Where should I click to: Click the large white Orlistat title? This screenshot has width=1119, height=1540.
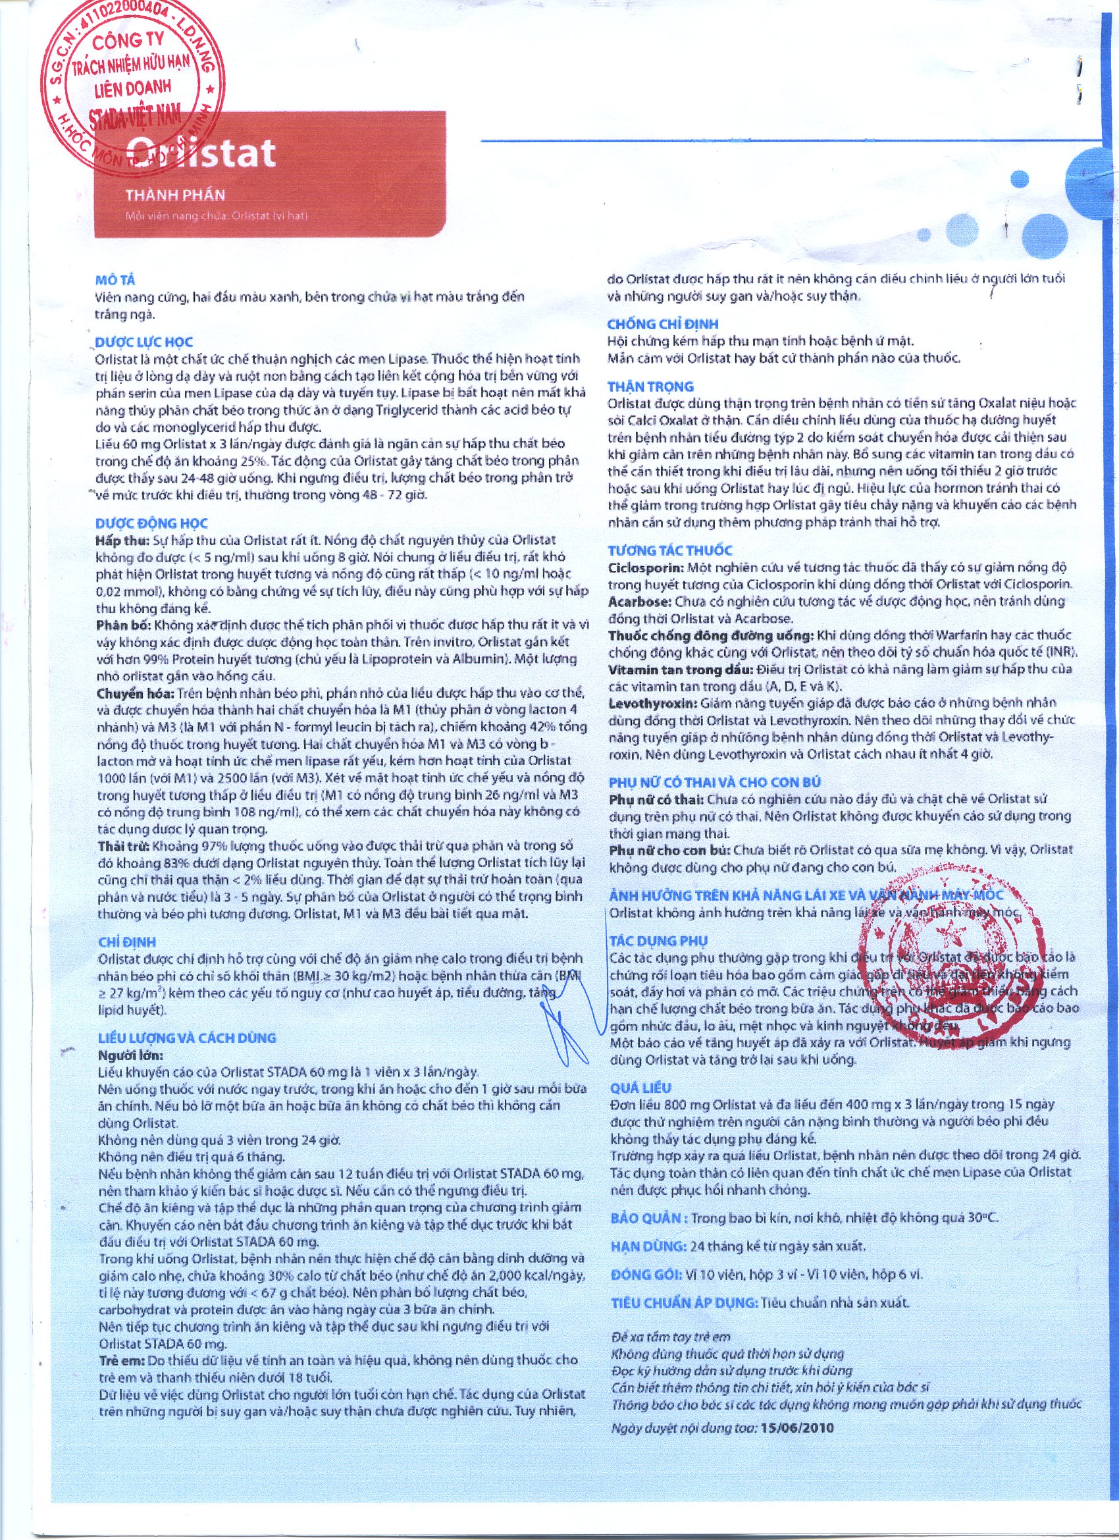point(201,153)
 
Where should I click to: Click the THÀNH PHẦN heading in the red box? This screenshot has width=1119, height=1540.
point(175,196)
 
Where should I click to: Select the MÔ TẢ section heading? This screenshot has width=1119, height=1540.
point(115,280)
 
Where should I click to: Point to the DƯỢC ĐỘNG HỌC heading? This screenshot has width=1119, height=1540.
point(151,523)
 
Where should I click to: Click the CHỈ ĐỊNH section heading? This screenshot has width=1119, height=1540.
point(127,942)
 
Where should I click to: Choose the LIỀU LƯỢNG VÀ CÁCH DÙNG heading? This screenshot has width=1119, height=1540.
point(187,1038)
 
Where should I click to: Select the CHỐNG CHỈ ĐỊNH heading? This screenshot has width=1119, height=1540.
point(663,324)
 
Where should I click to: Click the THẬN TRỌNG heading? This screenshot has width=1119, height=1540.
point(650,386)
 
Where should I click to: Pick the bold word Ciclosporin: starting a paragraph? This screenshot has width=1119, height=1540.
point(646,567)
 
